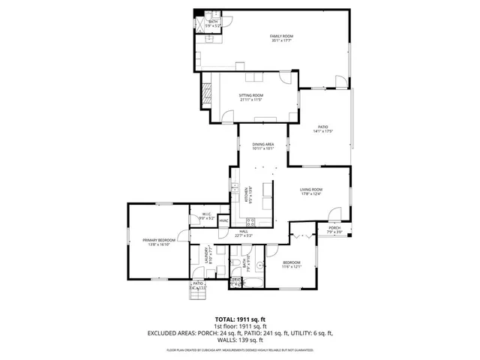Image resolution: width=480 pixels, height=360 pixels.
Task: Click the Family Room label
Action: pos(281,37)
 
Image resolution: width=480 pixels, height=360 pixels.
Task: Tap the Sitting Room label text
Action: pos(250,96)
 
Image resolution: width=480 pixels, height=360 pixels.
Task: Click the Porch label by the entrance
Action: pos(334,228)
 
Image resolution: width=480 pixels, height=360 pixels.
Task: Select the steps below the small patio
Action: pos(197,295)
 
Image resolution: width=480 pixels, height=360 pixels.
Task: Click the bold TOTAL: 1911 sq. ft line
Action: pos(240,319)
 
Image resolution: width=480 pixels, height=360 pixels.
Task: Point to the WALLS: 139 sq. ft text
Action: pos(240,340)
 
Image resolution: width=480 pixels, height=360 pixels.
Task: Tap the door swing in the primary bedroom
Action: pos(185,232)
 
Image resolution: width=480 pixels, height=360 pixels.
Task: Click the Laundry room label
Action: pos(200,256)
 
